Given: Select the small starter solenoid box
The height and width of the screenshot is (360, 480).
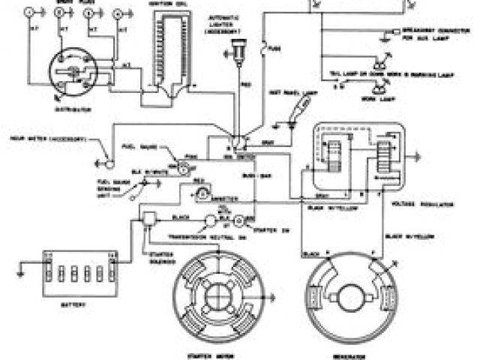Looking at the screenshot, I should [x=148, y=217].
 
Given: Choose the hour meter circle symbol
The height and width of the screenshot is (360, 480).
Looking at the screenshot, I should [x=109, y=160].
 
